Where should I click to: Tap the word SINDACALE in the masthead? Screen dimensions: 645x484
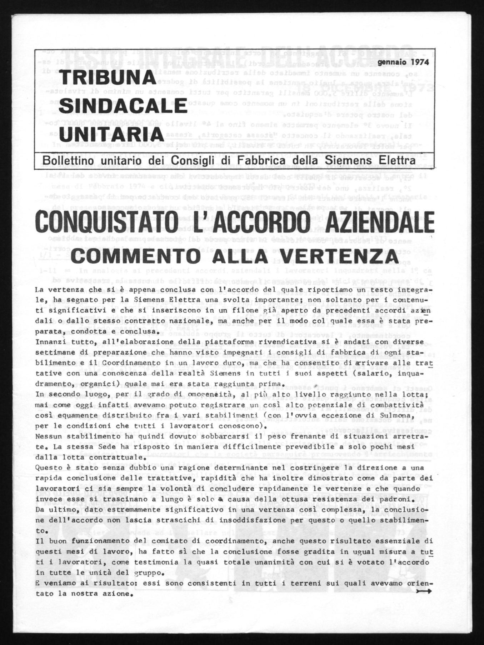coord(123,106)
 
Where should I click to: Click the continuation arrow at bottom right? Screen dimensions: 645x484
coord(426,590)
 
